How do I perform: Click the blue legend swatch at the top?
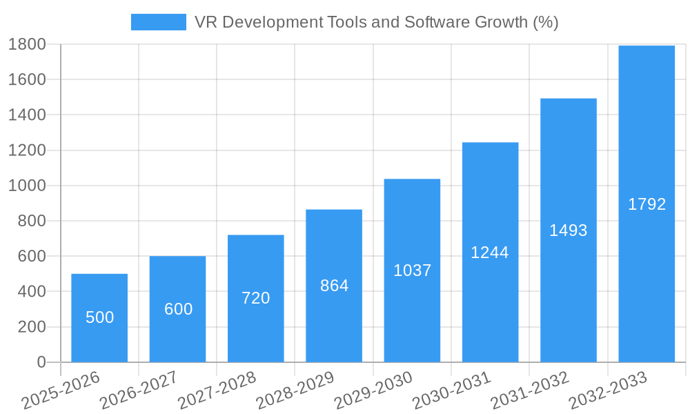click(x=158, y=22)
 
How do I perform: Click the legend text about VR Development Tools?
click(x=376, y=22)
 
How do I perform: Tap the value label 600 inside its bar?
click(x=178, y=309)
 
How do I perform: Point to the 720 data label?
click(x=256, y=298)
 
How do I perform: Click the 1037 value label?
click(x=413, y=270)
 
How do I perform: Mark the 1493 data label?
click(x=569, y=230)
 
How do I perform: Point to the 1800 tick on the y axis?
click(x=27, y=44)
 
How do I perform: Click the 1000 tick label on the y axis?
click(x=27, y=186)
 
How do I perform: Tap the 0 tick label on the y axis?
click(x=41, y=362)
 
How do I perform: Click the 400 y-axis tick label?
click(x=32, y=292)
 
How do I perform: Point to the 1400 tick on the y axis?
click(x=27, y=115)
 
